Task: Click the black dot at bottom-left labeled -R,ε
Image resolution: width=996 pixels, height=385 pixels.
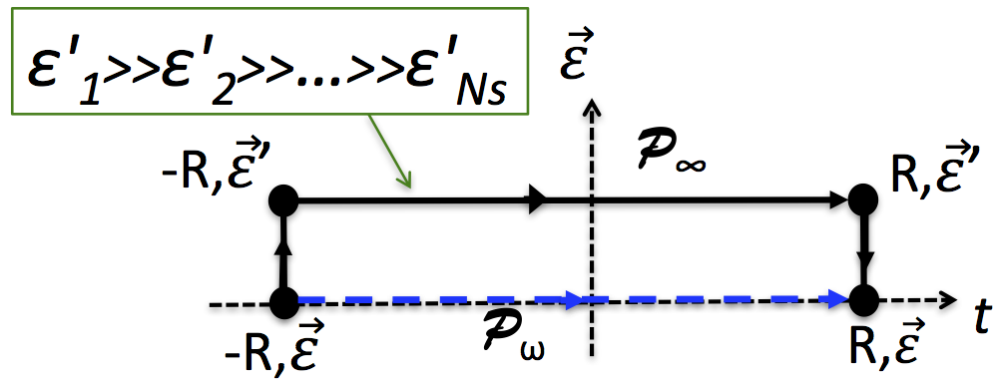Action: [284, 300]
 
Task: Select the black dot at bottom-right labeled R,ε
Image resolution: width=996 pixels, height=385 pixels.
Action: [862, 300]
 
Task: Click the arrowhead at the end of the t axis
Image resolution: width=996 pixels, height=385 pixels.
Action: [952, 300]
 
